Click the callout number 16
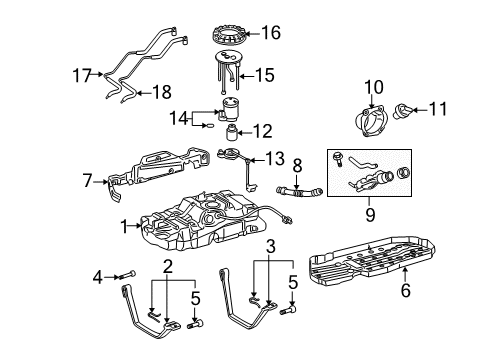270,33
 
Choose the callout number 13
270,159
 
